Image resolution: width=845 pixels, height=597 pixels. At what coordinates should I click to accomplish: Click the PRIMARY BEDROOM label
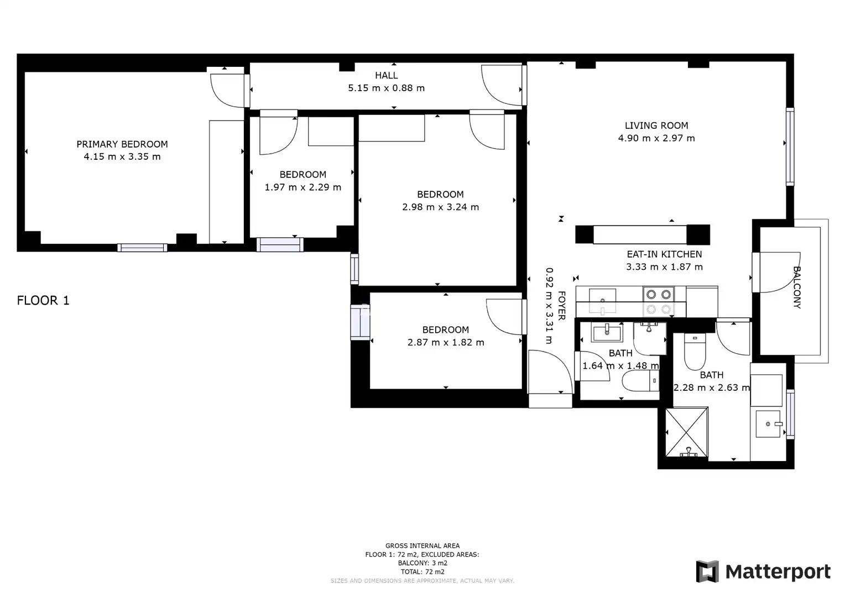coord(122,144)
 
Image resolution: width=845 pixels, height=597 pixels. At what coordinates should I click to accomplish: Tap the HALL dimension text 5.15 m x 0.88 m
coord(387,88)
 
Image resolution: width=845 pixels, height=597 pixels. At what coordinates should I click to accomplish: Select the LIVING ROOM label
coord(656,125)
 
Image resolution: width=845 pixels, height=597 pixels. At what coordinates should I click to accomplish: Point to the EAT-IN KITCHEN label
coord(664,254)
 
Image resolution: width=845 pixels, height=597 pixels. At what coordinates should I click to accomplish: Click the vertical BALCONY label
coord(797,287)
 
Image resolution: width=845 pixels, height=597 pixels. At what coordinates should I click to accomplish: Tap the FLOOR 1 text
coord(43,301)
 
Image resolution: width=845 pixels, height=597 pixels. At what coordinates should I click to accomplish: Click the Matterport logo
coord(763,572)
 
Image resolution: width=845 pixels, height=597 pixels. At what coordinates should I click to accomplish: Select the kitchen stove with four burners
coord(659,302)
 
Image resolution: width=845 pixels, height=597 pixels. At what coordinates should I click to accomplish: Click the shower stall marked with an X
coord(687,432)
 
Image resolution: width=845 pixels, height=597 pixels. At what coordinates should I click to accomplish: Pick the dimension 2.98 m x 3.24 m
coord(441,207)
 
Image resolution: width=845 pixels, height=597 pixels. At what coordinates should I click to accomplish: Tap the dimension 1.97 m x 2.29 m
coord(303,187)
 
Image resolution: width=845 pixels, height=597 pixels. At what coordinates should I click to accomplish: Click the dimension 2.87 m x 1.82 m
coord(446,342)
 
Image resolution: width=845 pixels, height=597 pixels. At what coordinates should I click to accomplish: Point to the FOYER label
coord(561,306)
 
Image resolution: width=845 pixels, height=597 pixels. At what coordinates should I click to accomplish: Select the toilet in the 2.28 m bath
coord(695,352)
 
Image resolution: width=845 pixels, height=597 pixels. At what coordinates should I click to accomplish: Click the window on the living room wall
coord(790,146)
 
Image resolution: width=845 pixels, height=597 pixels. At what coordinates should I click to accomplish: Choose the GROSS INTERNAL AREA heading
coord(422,546)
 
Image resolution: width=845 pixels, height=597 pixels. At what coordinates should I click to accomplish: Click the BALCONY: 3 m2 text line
coord(422,563)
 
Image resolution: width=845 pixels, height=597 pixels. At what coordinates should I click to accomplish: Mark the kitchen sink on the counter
coord(602,301)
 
